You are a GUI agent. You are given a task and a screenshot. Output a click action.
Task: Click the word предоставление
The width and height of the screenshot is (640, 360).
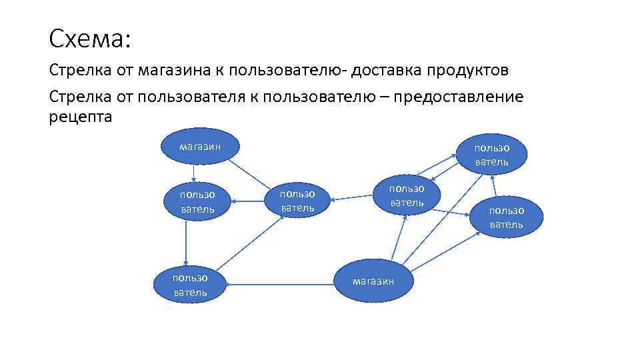pyautogui.click(x=459, y=97)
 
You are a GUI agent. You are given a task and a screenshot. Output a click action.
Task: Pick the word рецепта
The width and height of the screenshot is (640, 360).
pyautogui.click(x=81, y=117)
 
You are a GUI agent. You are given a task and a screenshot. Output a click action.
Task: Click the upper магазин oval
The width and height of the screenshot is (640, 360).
pyautogui.click(x=200, y=146)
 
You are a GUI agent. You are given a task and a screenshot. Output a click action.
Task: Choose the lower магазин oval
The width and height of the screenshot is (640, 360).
pyautogui.click(x=373, y=280)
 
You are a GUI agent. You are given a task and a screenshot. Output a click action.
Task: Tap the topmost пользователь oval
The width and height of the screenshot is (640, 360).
pyautogui.click(x=492, y=154)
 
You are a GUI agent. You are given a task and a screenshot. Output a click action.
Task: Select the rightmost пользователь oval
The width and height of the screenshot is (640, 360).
pyautogui.click(x=507, y=217)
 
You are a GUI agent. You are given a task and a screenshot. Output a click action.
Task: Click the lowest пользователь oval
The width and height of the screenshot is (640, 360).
pyautogui.click(x=190, y=284)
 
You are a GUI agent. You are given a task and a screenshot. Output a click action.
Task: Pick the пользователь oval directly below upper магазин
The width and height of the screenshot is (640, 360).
pyautogui.click(x=197, y=201)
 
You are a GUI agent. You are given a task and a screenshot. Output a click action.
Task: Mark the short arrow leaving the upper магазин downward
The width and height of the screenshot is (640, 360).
pyautogui.click(x=193, y=172)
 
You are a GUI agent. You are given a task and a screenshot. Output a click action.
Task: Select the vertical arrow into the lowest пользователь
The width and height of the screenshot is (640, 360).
pyautogui.click(x=187, y=243)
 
